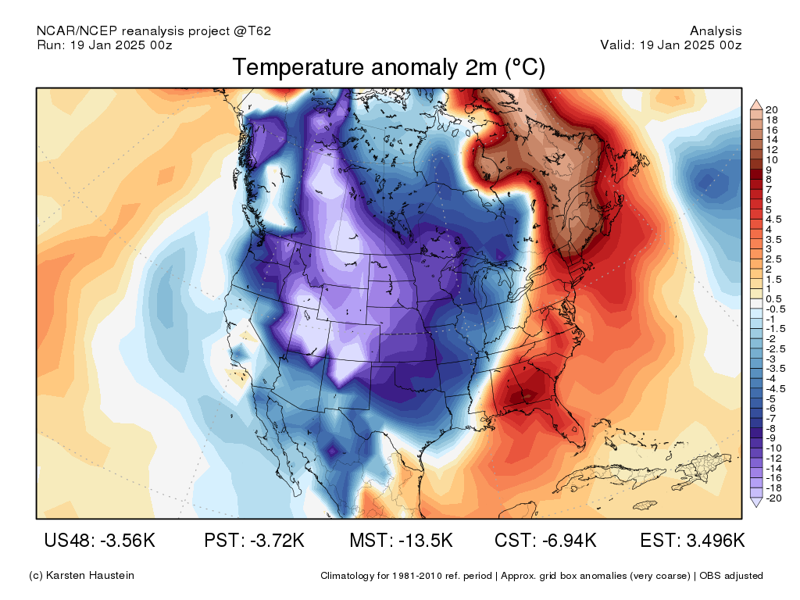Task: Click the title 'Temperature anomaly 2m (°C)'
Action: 389,67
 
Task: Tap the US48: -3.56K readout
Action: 99,540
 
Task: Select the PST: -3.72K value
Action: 254,540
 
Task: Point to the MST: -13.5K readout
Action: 401,540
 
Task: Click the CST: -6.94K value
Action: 545,540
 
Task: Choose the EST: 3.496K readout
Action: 692,540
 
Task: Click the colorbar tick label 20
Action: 771,109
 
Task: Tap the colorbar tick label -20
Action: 773,498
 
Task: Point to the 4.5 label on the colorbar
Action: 773,220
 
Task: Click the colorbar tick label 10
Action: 771,159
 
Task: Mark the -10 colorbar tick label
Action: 773,448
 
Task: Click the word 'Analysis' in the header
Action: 716,31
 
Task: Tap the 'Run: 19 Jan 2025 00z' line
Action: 105,45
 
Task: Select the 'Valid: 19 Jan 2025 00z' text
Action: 671,45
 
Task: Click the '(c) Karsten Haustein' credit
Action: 81,576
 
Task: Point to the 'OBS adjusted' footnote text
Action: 731,576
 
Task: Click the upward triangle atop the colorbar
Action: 756,104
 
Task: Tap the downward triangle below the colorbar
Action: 756,502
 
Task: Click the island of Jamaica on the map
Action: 645,505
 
